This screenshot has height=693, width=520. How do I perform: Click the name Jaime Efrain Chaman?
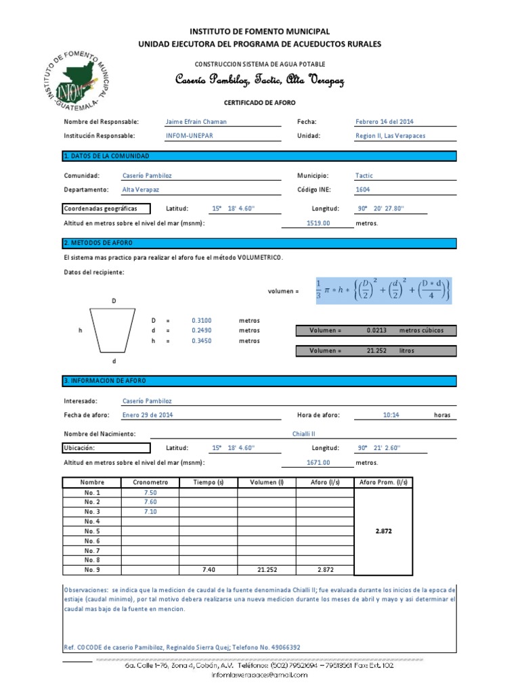point(196,122)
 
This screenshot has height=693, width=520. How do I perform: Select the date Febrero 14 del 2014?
point(384,122)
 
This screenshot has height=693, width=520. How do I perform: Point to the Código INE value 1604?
point(363,190)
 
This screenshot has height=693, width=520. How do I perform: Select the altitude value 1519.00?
point(318,222)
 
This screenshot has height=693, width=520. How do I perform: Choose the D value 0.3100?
point(202,320)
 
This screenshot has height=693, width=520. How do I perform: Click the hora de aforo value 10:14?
point(391,415)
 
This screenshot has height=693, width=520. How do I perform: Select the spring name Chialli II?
point(303,433)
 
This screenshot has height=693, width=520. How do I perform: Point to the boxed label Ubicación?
point(105,448)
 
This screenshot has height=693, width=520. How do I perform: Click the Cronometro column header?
point(150,483)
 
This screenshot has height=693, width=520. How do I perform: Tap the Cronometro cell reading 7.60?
point(150,502)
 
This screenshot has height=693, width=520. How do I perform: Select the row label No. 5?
point(92,531)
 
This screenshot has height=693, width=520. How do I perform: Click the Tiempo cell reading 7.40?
point(208,569)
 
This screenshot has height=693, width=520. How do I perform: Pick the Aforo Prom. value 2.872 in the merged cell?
point(383,531)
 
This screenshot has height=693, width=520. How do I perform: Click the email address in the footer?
point(260,675)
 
